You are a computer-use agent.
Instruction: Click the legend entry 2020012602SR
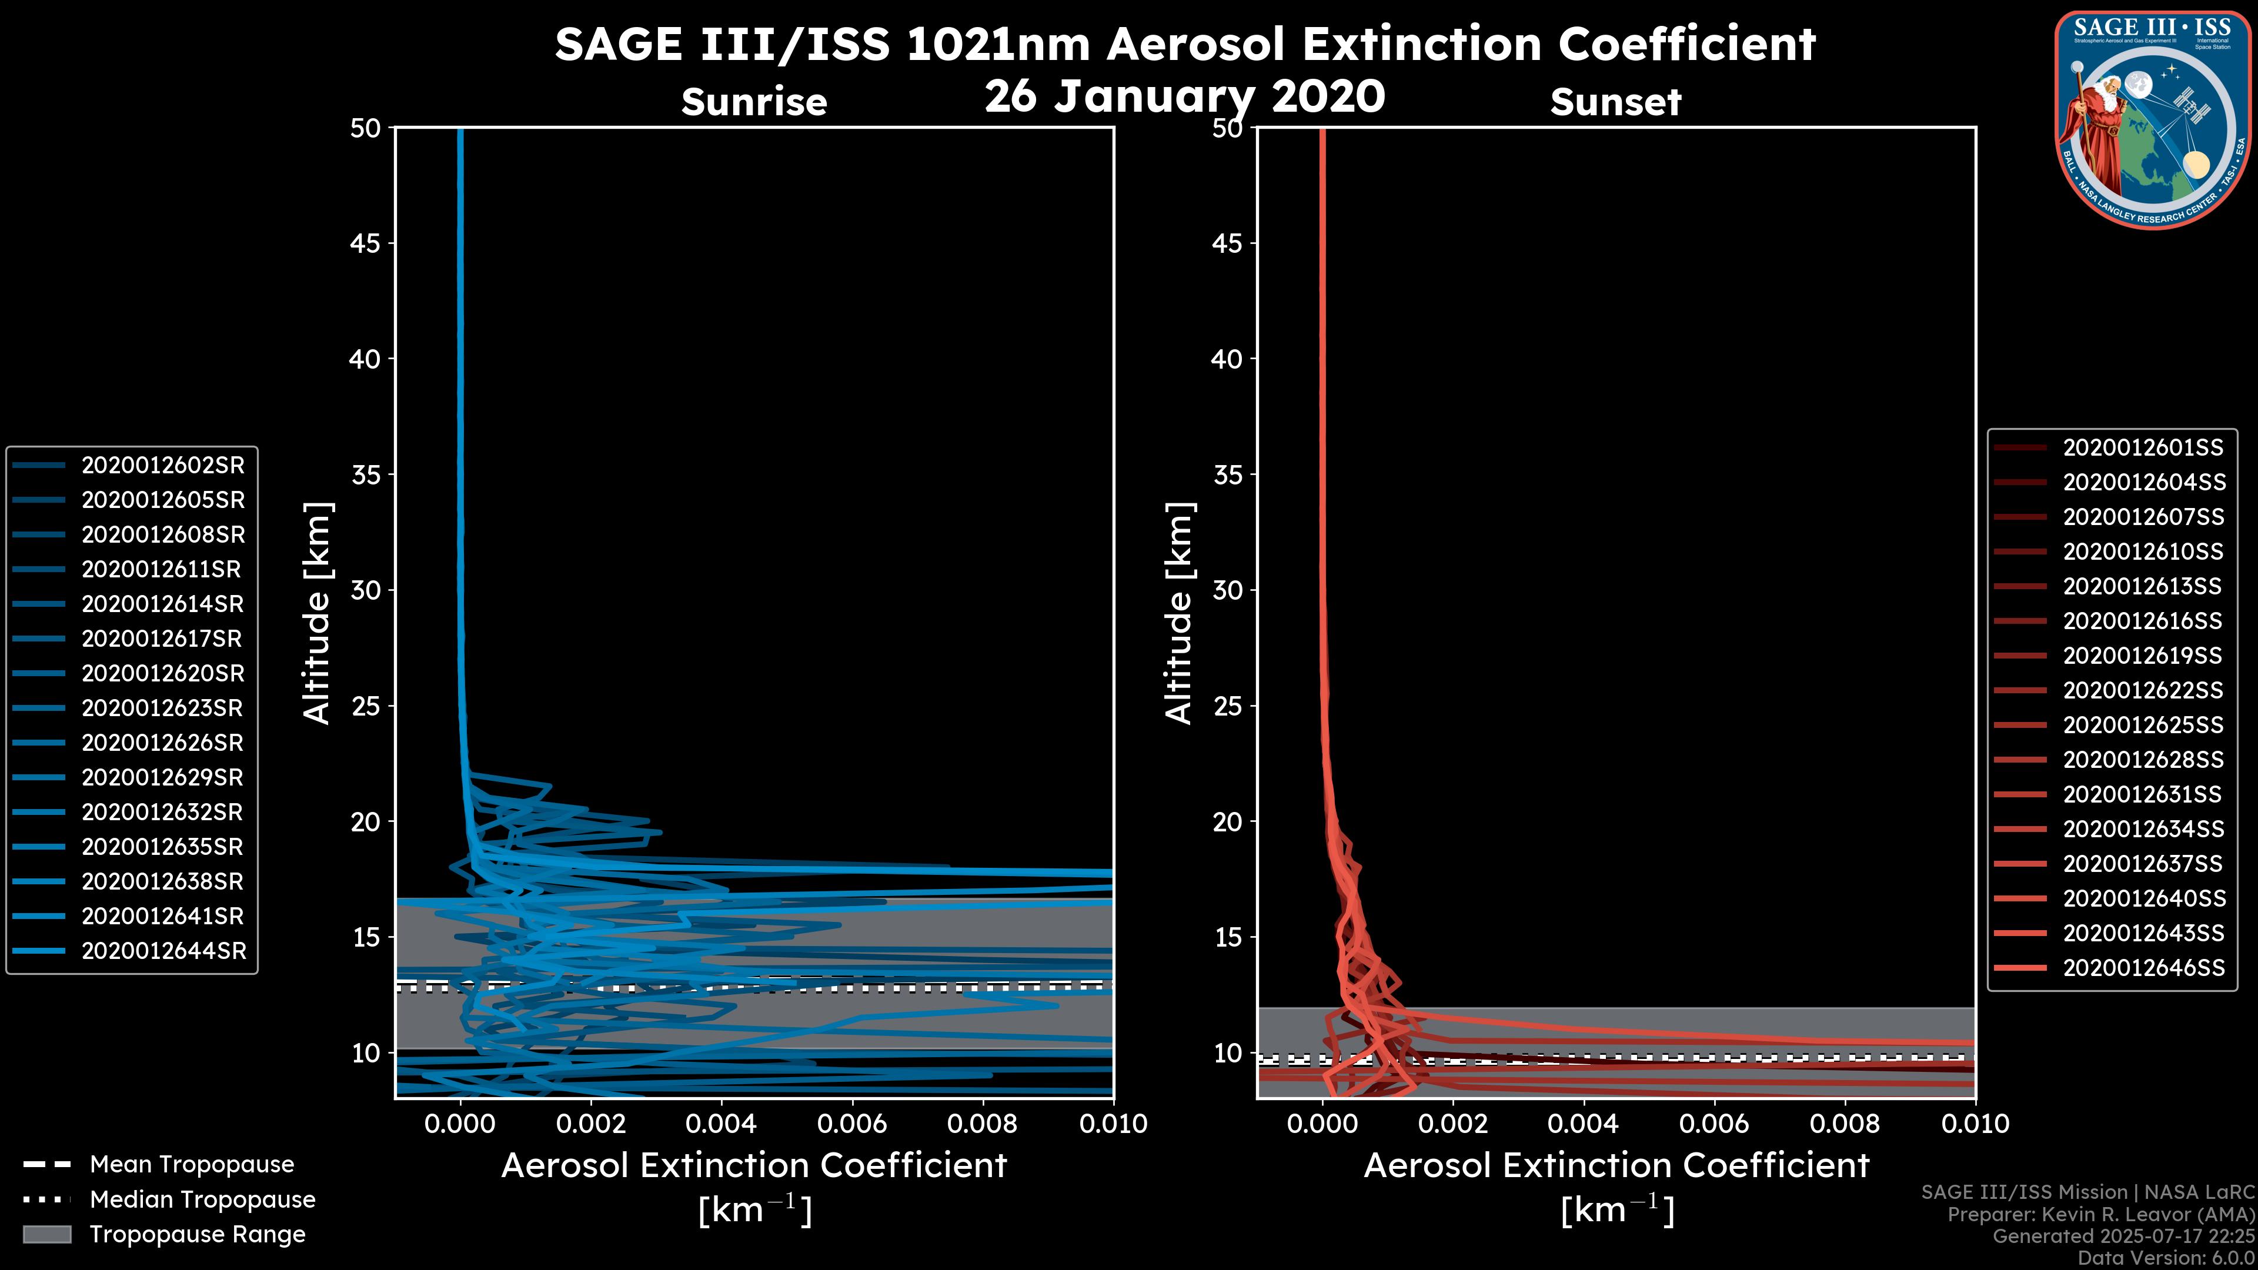[x=163, y=466]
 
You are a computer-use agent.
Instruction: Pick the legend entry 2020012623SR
[x=163, y=708]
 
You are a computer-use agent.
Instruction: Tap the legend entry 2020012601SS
[x=2142, y=448]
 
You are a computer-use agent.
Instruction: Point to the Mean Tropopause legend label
[x=192, y=1164]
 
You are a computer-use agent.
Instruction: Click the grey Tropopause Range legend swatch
[x=46, y=1234]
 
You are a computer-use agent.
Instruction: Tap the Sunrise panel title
[x=754, y=102]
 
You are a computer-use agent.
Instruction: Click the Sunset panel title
[x=1615, y=102]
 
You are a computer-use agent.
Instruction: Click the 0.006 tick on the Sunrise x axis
[x=853, y=1124]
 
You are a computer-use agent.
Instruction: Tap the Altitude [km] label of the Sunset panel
[x=1179, y=613]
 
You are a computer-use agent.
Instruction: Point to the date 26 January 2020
[x=1184, y=96]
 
